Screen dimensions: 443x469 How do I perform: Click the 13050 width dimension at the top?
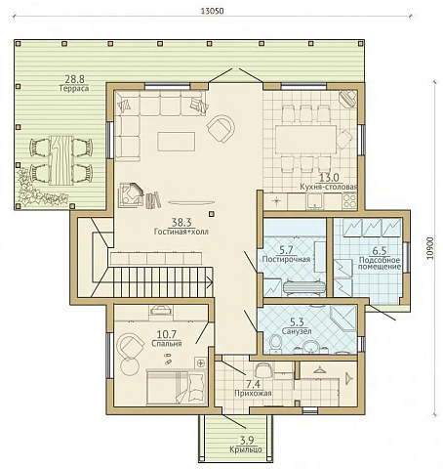coord(213,11)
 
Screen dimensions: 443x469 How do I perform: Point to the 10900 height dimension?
coord(430,248)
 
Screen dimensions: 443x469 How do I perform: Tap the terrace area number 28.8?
coord(74,79)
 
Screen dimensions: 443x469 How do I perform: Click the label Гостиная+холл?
coord(181,232)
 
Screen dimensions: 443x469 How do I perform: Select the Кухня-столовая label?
coord(329,187)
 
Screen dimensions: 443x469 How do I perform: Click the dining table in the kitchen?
coord(305,140)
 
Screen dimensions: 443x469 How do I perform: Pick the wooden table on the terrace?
coord(61,160)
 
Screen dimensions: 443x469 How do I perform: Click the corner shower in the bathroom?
coord(343,319)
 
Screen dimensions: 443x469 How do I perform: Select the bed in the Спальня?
coord(176,387)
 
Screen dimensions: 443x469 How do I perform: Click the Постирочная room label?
coord(286,259)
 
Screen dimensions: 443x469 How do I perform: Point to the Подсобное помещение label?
coord(380,264)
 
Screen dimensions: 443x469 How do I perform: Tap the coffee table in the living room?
coord(177,142)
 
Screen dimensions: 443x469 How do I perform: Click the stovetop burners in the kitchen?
coord(349,201)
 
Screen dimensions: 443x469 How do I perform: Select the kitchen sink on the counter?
coord(314,201)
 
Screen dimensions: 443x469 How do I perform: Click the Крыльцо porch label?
coord(246,449)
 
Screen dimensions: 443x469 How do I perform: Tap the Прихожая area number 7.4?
coord(253,384)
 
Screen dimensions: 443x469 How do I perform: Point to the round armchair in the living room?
coord(221,128)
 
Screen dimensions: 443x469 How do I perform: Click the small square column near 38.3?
coord(212,214)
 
